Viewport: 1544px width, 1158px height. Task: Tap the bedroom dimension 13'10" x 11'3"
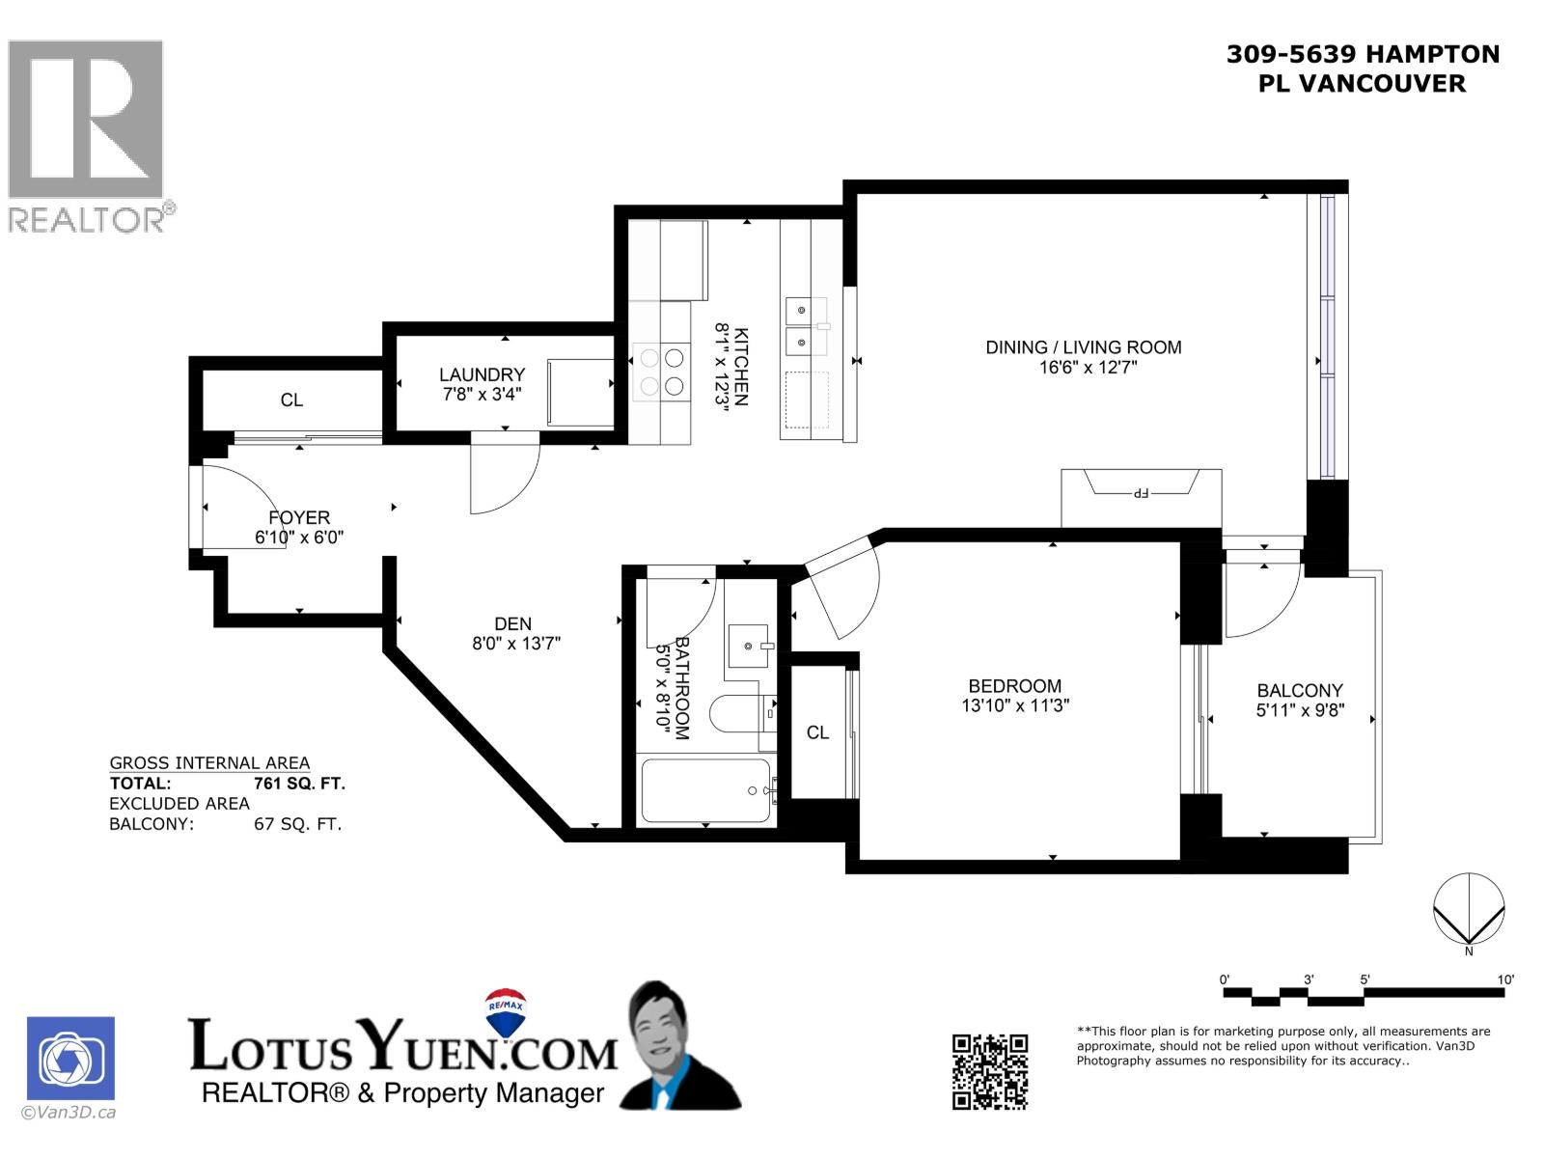[1015, 705]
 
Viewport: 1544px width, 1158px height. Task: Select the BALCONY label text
[1300, 690]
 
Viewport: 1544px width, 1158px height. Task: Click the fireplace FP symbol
[1141, 493]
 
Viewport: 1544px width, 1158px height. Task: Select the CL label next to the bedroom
[817, 732]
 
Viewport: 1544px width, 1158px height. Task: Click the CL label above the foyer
[291, 400]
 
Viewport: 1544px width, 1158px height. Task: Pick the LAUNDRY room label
[482, 374]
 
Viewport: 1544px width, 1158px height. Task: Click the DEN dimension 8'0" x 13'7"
[516, 644]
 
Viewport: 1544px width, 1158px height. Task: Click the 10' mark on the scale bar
[1505, 979]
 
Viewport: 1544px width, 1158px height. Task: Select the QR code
[990, 1071]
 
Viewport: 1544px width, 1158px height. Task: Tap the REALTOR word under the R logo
[87, 219]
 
